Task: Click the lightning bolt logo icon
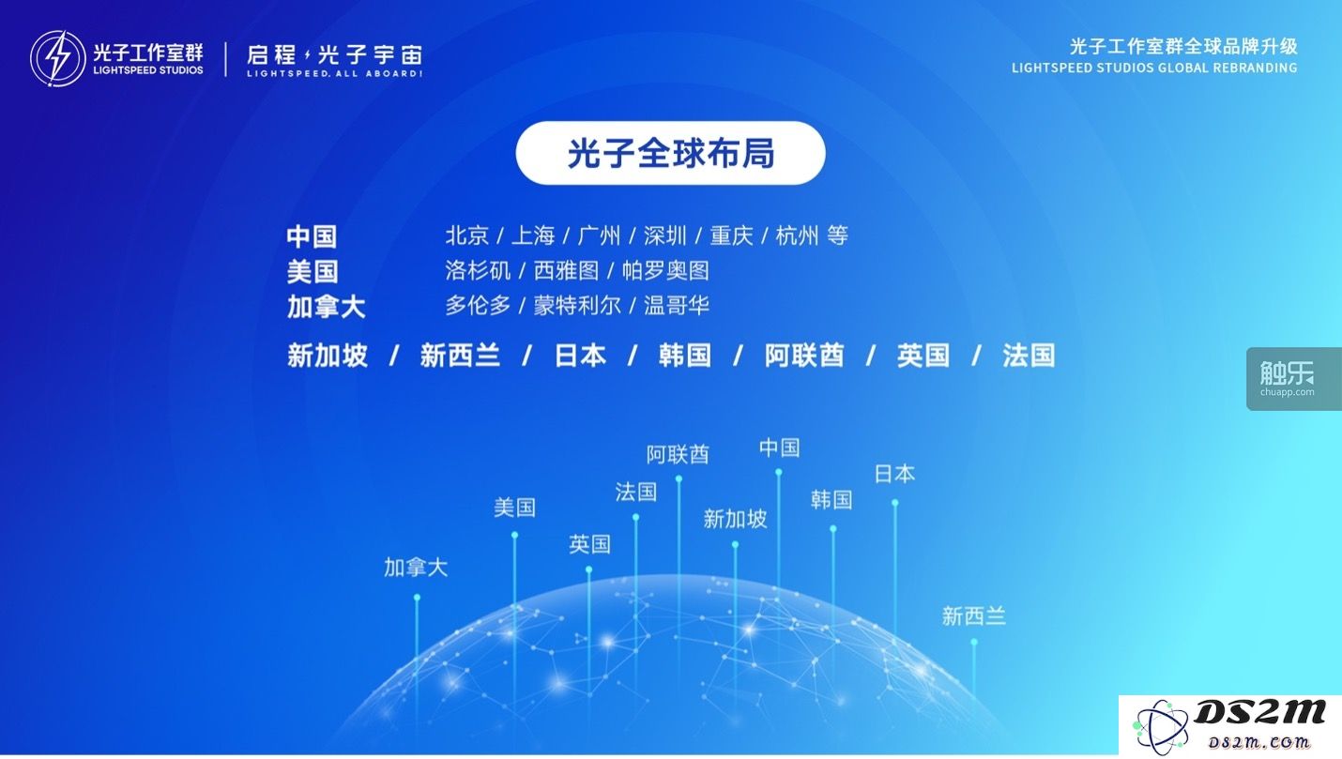[57, 58]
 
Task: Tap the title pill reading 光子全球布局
[670, 153]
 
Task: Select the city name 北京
[467, 235]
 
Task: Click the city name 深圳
[665, 235]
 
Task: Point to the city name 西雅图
[566, 271]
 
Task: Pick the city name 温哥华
[677, 306]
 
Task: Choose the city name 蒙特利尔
[577, 306]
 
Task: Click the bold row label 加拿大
[326, 307]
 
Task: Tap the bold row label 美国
[313, 271]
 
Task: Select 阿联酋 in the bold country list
[804, 356]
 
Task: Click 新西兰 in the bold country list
[460, 356]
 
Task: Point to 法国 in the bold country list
[1029, 356]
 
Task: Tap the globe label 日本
[894, 474]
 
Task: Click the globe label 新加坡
[735, 519]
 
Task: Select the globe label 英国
[589, 544]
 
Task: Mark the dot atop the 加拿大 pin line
[417, 598]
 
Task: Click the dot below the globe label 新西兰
[974, 642]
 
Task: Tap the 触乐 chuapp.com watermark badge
[1294, 379]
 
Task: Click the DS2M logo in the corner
[1230, 725]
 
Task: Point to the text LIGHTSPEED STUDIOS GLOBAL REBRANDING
[1154, 68]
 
